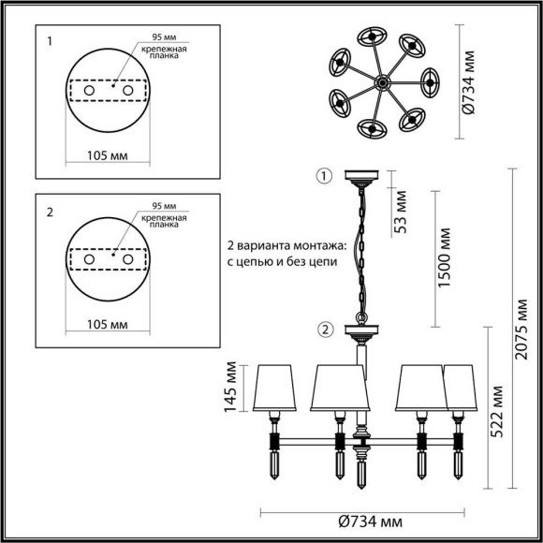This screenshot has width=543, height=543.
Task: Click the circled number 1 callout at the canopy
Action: [x=323, y=176]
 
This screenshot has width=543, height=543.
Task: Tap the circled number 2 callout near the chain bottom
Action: [x=324, y=329]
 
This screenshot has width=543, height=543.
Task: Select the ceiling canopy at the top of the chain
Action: [x=360, y=176]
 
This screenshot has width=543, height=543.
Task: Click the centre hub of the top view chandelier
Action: [x=381, y=83]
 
